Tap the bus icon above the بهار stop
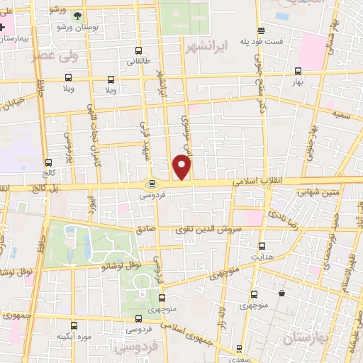(x=298, y=71)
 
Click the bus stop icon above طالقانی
(x=138, y=50)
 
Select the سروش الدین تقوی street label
(x=218, y=230)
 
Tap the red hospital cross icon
(x=4, y=26)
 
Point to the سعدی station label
(x=240, y=358)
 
